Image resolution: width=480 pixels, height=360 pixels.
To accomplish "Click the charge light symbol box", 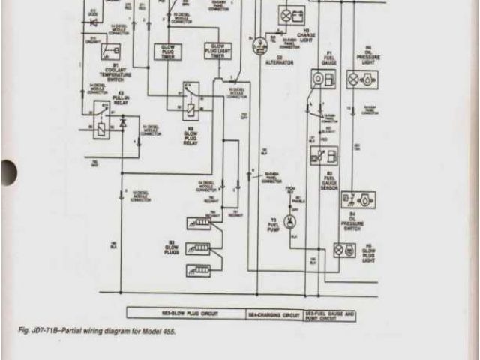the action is [x=287, y=14].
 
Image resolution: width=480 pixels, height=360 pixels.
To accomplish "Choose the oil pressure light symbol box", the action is [x=367, y=78].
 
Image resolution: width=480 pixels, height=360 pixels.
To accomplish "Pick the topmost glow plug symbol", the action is [x=200, y=223].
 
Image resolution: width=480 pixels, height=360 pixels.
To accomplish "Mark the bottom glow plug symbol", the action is [x=200, y=268].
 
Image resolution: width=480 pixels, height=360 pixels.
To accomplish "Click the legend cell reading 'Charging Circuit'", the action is [x=271, y=314].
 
